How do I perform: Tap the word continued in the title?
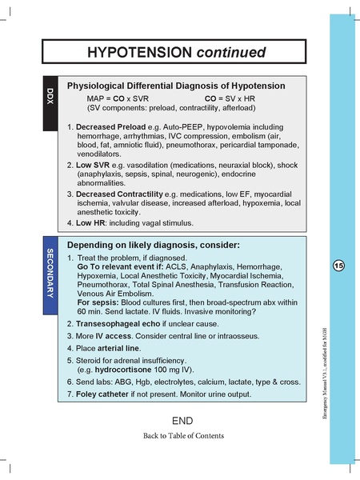point(228,54)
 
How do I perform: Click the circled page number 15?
point(340,265)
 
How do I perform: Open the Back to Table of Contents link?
point(183,436)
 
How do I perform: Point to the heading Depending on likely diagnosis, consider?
point(154,244)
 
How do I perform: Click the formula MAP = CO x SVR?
point(118,97)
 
